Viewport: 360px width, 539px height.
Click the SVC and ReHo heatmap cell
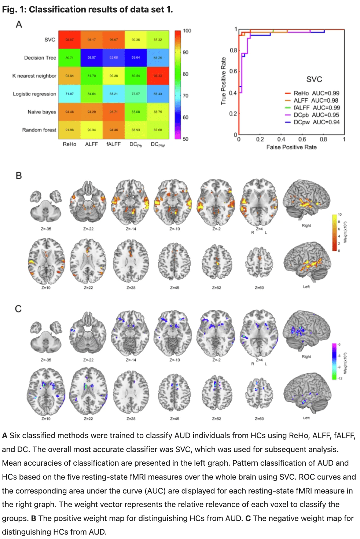click(x=69, y=40)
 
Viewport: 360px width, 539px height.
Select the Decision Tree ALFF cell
click(x=91, y=58)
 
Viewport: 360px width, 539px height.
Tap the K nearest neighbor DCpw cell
click(x=158, y=76)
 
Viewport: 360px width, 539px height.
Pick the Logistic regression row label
click(x=34, y=94)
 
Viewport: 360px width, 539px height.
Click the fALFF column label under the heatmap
click(x=113, y=144)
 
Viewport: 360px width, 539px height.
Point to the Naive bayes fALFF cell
click(x=113, y=112)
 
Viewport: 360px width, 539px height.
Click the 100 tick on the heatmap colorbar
click(x=187, y=31)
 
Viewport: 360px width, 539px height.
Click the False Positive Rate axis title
click(x=291, y=147)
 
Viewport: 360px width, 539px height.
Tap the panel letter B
click(x=19, y=176)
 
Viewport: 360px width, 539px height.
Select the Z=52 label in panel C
click(x=216, y=418)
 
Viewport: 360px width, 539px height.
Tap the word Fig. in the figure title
click(x=10, y=10)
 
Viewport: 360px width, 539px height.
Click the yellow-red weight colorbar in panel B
click(x=334, y=232)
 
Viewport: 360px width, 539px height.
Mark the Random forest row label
click(x=39, y=130)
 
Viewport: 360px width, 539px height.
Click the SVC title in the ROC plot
click(x=314, y=79)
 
